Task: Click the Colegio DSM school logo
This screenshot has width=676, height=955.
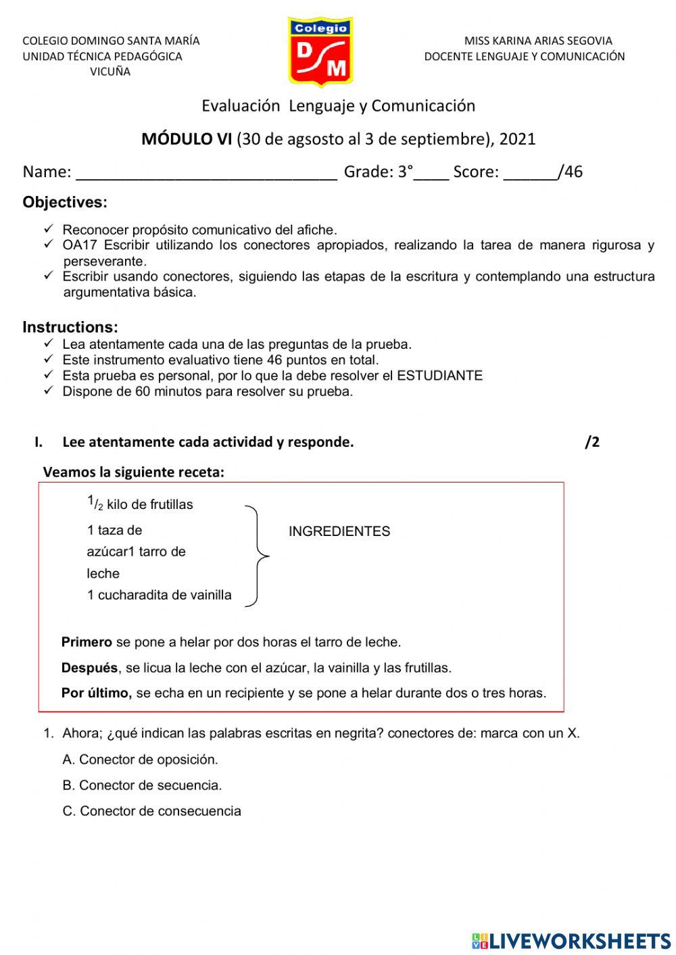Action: coord(320,52)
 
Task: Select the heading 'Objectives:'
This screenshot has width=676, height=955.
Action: coord(65,202)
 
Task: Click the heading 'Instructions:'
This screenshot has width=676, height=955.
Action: coord(70,327)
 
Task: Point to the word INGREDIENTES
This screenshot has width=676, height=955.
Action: coord(339,531)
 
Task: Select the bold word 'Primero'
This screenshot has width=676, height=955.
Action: coord(87,642)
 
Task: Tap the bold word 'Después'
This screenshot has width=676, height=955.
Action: coord(89,668)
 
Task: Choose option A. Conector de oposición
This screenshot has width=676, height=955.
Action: coord(140,760)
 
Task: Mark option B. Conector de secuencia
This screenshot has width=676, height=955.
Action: coord(142,785)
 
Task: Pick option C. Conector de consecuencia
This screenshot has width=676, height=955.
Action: coord(151,811)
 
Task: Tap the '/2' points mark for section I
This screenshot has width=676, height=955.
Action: coord(592,442)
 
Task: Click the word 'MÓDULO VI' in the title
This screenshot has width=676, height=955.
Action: coord(187,139)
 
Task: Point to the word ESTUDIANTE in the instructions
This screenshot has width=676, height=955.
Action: coord(439,376)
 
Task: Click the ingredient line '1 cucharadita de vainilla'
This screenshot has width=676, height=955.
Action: coord(160,595)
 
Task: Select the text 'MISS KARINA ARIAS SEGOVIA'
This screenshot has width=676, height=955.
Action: coord(538,41)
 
